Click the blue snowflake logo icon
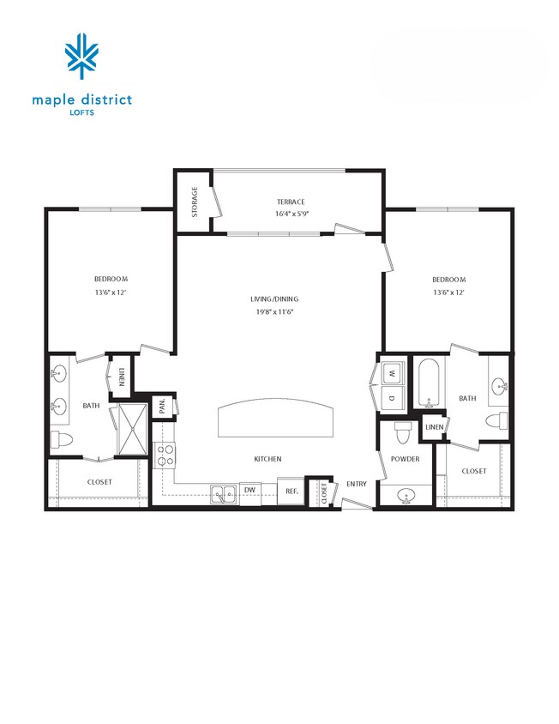coord(82,57)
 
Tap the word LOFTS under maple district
coord(82,112)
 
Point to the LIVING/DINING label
coord(274,299)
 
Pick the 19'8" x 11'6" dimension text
coord(274,311)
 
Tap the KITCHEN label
coord(267,459)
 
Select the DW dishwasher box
coord(249,490)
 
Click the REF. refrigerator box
coord(292,491)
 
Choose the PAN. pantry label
coord(162,407)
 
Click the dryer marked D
coord(393,397)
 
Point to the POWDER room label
coord(405,459)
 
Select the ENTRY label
coord(357,484)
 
